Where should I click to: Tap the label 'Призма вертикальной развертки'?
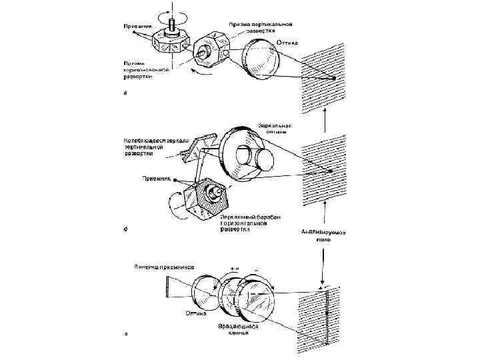click(256, 27)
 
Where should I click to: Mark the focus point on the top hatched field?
click(332, 79)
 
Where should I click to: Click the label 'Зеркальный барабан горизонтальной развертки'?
click(244, 223)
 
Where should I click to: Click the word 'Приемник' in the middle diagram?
click(156, 178)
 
